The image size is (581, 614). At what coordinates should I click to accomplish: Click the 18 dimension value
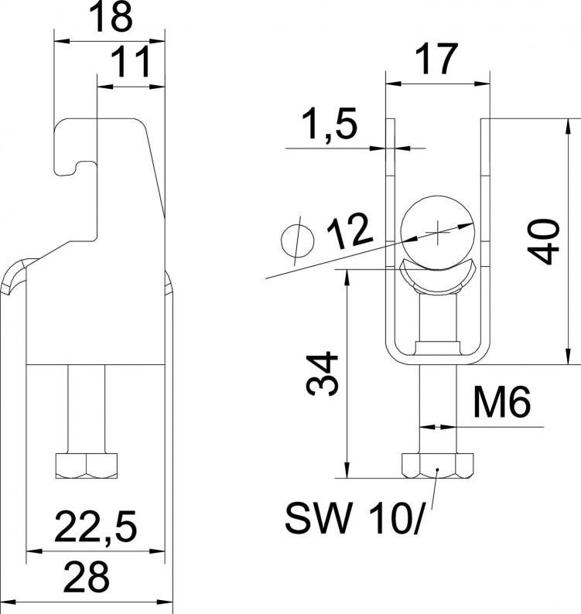(111, 18)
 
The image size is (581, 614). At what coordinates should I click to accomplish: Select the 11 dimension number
(131, 63)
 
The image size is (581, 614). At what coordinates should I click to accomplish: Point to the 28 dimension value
(86, 578)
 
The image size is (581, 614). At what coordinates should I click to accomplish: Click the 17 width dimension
(437, 59)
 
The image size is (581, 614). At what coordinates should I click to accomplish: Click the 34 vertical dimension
(322, 374)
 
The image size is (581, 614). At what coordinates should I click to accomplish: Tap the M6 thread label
(501, 402)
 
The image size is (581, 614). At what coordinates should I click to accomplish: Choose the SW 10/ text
(354, 520)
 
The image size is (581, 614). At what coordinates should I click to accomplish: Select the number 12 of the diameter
(349, 232)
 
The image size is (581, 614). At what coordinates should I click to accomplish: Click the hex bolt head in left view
(87, 466)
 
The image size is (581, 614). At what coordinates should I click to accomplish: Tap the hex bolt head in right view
(438, 466)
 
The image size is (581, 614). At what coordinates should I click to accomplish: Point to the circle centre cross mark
(438, 233)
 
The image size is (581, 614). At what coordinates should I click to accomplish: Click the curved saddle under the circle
(438, 279)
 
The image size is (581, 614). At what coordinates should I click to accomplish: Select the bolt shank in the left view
(87, 409)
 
